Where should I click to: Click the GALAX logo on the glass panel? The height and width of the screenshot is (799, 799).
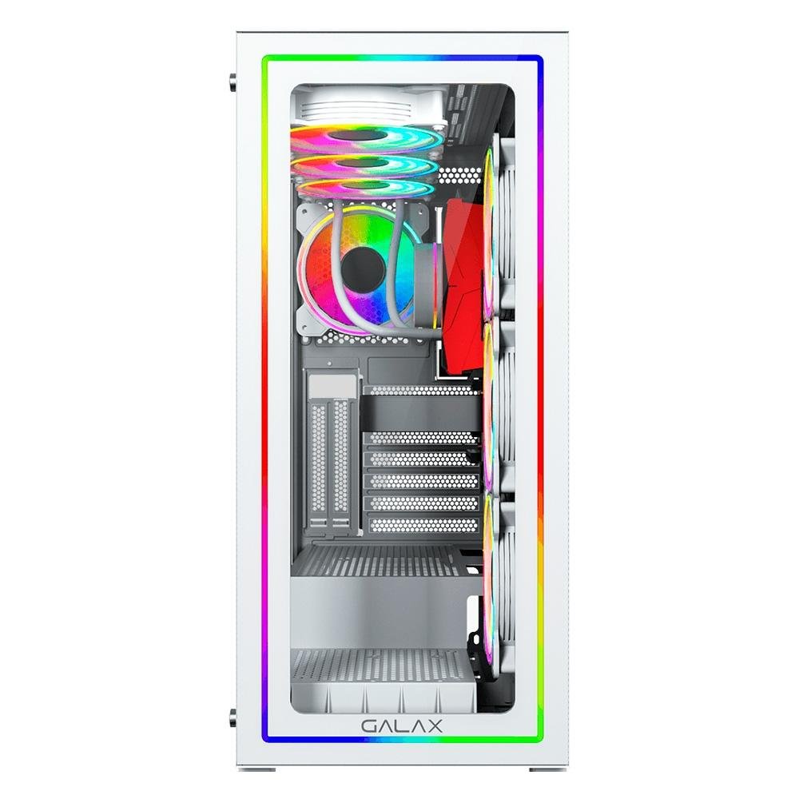pos(402,725)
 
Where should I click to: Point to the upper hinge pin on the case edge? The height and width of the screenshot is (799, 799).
pos(233,82)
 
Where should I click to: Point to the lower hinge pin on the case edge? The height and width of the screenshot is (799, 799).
pos(233,718)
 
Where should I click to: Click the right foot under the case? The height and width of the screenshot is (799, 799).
pos(548,769)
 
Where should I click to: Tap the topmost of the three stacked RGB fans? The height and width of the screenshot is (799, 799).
pos(367,138)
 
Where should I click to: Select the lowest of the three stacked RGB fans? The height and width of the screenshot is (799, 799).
pos(366,189)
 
